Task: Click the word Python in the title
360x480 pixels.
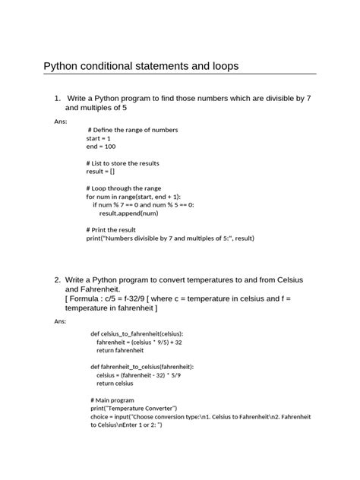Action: coord(63,66)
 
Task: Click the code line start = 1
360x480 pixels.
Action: coord(99,139)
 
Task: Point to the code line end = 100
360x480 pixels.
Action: coord(101,147)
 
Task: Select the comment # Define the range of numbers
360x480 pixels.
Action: coord(133,131)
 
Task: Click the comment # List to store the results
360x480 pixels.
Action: coord(123,163)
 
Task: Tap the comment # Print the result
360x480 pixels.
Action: coord(112,229)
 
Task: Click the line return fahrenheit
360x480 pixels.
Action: coord(120,350)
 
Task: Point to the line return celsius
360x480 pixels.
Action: coord(115,384)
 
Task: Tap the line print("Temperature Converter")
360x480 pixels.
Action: coord(134,409)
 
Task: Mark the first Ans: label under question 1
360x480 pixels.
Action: coord(62,122)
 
